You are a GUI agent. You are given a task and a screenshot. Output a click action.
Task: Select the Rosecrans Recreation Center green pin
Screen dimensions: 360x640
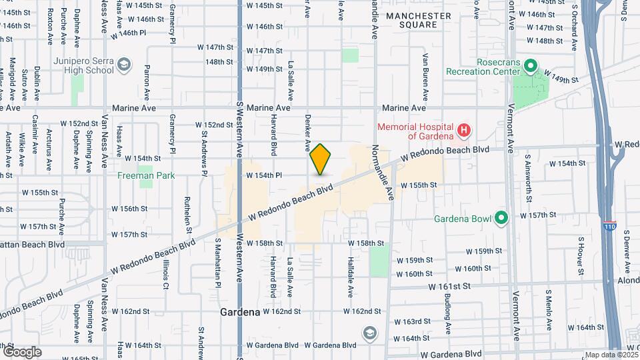pos(531,66)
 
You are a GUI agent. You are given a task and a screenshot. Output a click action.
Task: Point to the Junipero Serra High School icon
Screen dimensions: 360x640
pos(123,65)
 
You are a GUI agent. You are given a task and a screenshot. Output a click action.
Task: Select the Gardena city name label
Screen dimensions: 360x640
pos(240,311)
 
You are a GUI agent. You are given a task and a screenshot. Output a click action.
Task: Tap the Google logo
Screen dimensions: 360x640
pos(22,351)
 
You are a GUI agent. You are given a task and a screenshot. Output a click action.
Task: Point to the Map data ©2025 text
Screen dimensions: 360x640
pos(610,355)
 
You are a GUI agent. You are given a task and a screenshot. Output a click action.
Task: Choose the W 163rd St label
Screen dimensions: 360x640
pos(413,321)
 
